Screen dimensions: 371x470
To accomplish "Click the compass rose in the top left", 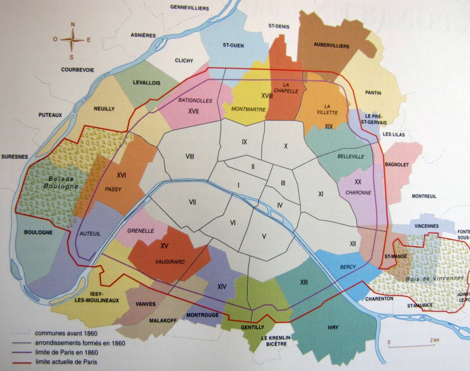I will click(x=72, y=39).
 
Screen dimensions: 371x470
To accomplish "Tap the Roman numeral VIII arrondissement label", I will click(x=189, y=156).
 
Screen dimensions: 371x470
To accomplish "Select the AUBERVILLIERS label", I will click(x=331, y=45).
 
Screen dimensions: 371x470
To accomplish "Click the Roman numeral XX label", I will click(x=358, y=182).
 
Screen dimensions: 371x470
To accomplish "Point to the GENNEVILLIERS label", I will click(x=190, y=7).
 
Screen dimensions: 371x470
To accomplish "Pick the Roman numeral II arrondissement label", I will click(x=253, y=166).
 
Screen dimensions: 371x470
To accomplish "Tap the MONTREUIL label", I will click(x=424, y=196).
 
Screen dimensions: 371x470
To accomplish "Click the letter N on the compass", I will click(x=72, y=25).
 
